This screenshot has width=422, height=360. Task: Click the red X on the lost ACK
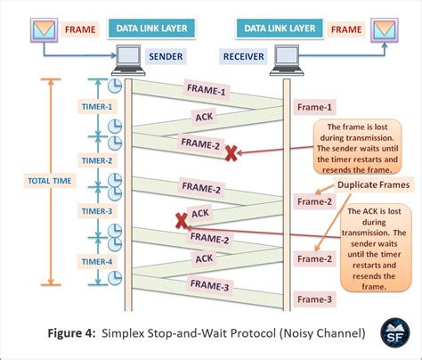[x=180, y=218]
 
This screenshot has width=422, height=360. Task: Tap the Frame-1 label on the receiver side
[x=315, y=107]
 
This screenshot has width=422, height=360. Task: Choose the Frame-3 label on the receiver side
[x=315, y=299]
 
